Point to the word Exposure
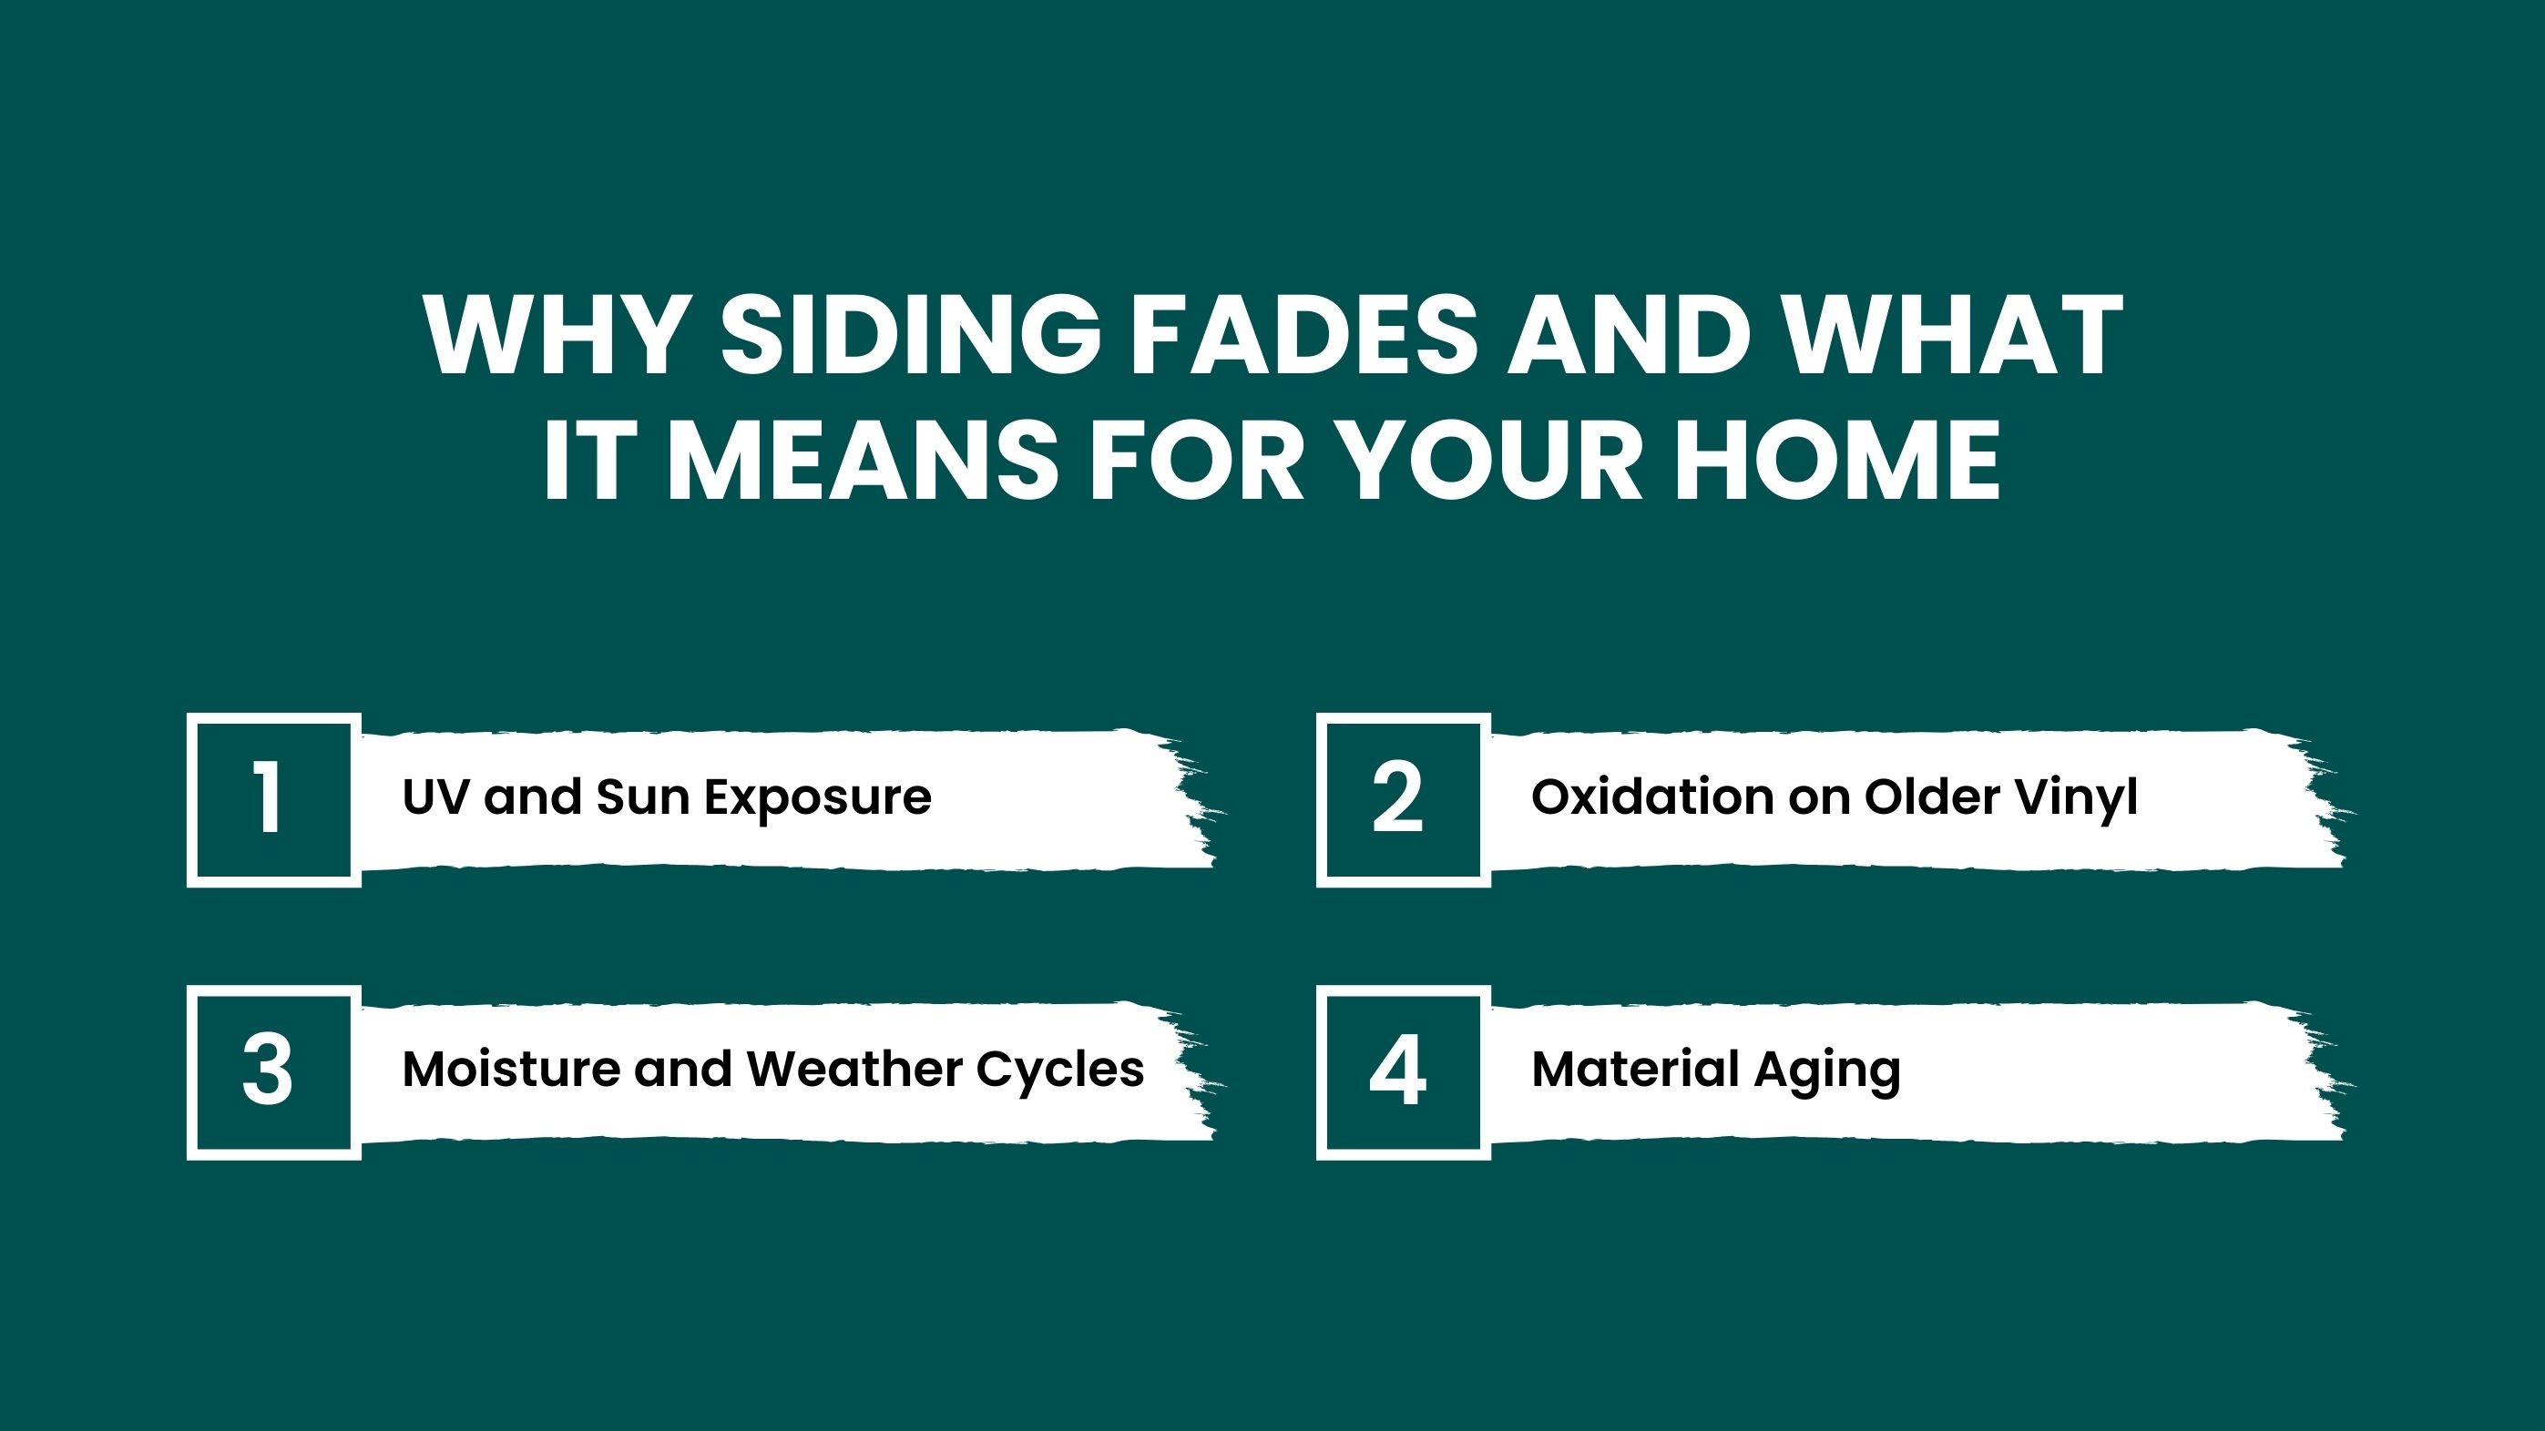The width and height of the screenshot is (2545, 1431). click(x=818, y=800)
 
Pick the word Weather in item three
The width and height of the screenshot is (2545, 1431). click(x=854, y=1069)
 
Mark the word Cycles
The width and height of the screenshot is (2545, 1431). click(x=1060, y=1071)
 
